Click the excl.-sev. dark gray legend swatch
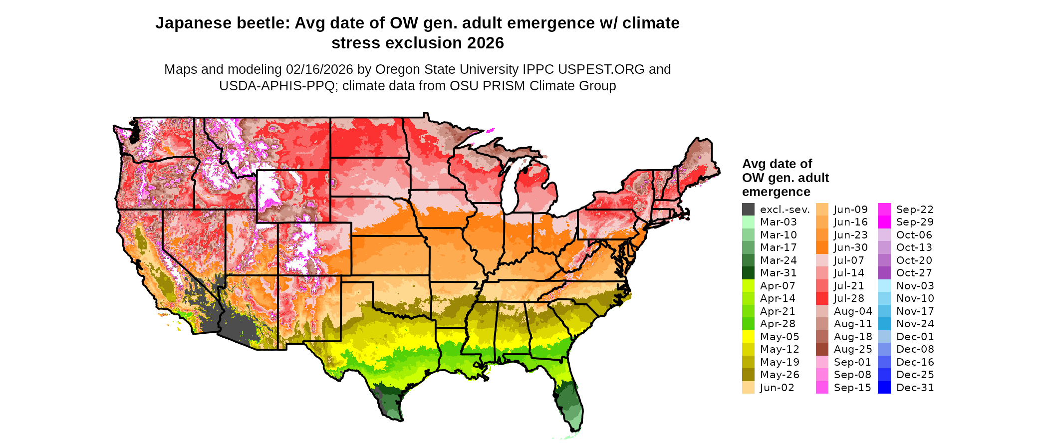[x=748, y=210]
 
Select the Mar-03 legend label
[x=779, y=222]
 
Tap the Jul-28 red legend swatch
[x=822, y=298]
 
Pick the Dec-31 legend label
[x=915, y=388]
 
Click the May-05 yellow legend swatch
[x=748, y=337]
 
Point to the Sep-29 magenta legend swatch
[x=884, y=222]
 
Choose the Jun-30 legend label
[x=851, y=247]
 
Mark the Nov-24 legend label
[x=915, y=324]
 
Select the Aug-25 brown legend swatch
[x=822, y=349]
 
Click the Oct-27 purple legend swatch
[x=884, y=273]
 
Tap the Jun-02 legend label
[x=777, y=388]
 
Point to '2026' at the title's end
[x=486, y=43]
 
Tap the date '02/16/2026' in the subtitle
[x=319, y=69]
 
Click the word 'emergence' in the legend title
[x=776, y=192]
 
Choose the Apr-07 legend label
[x=778, y=286]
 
